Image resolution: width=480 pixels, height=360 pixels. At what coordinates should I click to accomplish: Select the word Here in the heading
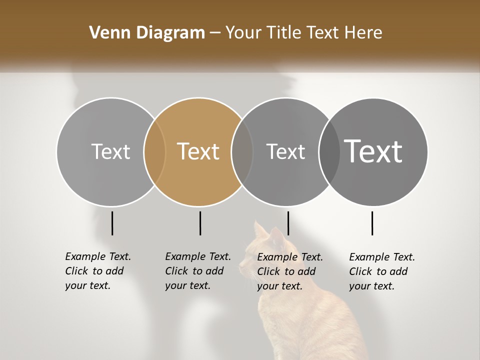tap(363, 33)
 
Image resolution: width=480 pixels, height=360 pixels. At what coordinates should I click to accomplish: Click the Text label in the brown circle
tap(198, 151)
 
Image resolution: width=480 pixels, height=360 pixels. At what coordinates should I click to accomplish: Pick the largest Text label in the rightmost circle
tap(373, 151)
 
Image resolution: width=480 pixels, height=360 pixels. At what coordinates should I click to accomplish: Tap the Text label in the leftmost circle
tap(110, 151)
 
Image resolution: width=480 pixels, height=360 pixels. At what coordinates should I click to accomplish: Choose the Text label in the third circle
tap(285, 151)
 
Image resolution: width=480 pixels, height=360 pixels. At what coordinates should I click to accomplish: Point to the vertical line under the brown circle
tap(200, 223)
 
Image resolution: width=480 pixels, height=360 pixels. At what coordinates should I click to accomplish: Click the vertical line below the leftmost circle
tap(112, 223)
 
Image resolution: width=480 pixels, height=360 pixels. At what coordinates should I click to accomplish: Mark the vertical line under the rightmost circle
tap(372, 223)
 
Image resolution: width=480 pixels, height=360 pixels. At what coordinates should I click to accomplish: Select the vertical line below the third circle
tap(288, 223)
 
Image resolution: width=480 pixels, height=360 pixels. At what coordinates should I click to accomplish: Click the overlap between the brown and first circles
tap(154, 151)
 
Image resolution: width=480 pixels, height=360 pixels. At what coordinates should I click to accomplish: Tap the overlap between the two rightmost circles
tap(329, 151)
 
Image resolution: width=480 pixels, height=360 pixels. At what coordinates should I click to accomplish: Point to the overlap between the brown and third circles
tap(242, 151)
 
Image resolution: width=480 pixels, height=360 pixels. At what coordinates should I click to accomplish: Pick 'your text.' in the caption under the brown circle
tap(187, 285)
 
